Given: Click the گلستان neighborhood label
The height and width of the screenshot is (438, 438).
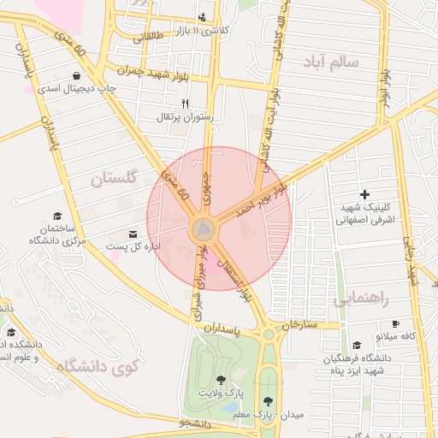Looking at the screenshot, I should pos(113,179).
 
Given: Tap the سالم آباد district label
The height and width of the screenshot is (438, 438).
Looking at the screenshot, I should pos(341,62).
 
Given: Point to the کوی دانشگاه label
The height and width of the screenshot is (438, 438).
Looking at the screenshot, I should pos(97,367).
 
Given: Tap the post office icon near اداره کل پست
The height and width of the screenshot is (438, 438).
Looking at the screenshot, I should pos(133,234).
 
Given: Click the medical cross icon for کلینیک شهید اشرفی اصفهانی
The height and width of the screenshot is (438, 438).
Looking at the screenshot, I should pos(366,195).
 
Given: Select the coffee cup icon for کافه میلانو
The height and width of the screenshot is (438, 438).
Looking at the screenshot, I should pos(395,323).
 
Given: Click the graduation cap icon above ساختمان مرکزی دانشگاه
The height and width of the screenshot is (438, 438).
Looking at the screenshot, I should pos(57,216).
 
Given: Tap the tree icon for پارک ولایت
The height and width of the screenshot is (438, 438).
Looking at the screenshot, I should pos(222,379).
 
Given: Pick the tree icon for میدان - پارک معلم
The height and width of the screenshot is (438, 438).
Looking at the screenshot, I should pos(269,400).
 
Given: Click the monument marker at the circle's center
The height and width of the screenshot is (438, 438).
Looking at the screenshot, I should pos(204,229).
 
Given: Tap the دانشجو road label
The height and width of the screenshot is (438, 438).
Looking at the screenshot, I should pos(196,423).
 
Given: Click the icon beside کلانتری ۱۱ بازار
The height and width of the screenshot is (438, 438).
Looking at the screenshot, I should pos(202,16).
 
